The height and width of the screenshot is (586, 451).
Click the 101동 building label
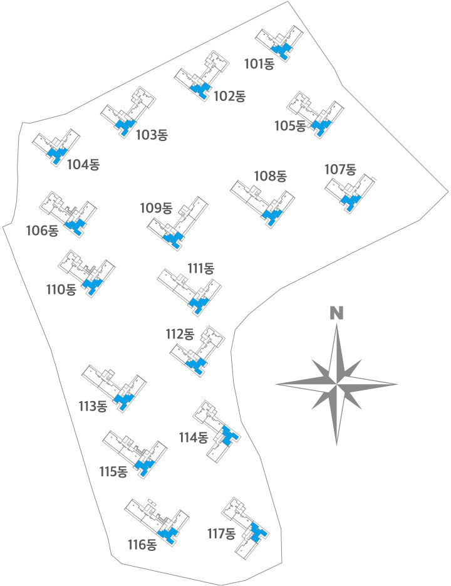click(x=259, y=64)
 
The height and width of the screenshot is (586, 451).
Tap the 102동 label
click(x=230, y=97)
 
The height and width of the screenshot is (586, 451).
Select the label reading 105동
click(x=290, y=126)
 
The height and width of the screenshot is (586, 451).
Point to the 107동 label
click(x=340, y=169)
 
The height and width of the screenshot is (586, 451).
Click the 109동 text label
click(x=156, y=208)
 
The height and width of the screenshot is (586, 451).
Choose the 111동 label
click(x=201, y=268)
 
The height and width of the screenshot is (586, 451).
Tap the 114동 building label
click(x=194, y=437)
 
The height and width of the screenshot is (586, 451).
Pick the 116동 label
click(x=142, y=545)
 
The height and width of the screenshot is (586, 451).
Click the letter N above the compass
click(x=336, y=313)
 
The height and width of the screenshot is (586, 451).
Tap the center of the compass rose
click(x=336, y=384)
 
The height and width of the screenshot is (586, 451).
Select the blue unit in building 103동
click(x=125, y=126)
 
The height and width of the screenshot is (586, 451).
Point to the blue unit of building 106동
click(x=75, y=226)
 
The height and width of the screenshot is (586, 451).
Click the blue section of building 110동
click(x=92, y=285)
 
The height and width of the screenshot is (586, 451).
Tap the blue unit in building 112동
click(x=197, y=365)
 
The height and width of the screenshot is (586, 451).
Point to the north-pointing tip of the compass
click(x=336, y=324)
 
